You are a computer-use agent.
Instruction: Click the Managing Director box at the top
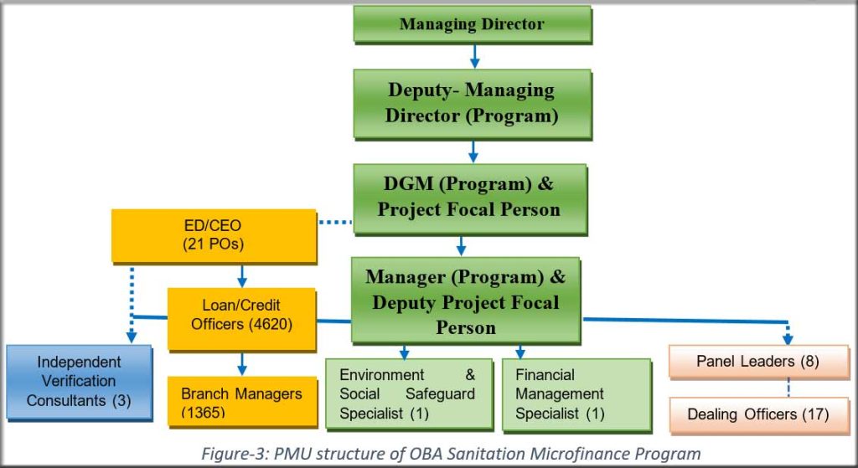tap(473, 24)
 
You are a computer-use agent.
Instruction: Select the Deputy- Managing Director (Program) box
tap(473, 103)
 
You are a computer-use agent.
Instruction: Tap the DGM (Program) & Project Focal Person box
tap(470, 199)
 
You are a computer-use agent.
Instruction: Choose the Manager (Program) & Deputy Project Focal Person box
tap(466, 301)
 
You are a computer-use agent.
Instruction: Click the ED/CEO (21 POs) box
tap(214, 235)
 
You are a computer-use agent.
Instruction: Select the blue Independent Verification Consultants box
tap(80, 382)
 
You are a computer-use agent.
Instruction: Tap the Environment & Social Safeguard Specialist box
tap(408, 393)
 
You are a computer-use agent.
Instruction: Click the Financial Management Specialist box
tap(576, 393)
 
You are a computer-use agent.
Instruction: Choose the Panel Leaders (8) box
tap(758, 362)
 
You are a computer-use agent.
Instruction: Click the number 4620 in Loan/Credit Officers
tap(271, 324)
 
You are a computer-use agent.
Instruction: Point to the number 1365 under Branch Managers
tap(203, 412)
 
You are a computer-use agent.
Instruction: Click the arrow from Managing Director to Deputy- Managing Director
tap(474, 56)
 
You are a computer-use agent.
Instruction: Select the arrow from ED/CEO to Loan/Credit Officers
tap(242, 275)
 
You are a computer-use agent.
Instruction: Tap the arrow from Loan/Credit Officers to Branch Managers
tap(242, 363)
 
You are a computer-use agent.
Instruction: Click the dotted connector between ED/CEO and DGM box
tap(335, 222)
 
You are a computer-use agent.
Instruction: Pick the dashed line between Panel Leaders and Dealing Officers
tap(788, 387)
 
